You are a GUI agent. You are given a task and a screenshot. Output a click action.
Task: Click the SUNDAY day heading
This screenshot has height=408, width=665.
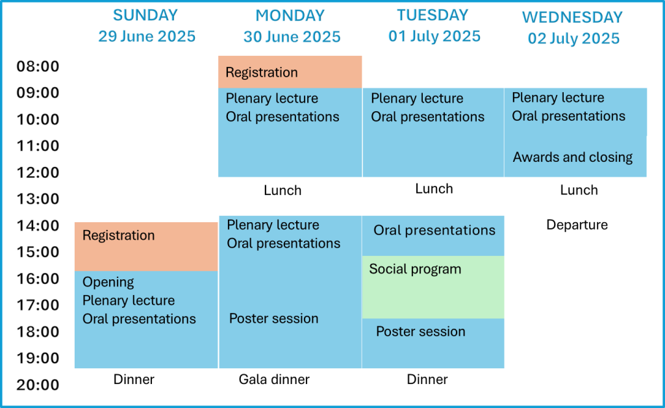pyautogui.click(x=145, y=16)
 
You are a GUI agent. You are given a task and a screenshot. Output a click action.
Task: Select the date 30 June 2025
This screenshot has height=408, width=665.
pyautogui.click(x=292, y=37)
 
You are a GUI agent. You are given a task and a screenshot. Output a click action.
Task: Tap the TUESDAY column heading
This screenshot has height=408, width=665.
pyautogui.click(x=433, y=16)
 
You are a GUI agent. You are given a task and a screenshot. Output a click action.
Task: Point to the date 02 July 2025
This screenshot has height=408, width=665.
pyautogui.click(x=573, y=38)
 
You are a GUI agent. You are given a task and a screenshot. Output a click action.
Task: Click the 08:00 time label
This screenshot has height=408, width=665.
pyautogui.click(x=38, y=66)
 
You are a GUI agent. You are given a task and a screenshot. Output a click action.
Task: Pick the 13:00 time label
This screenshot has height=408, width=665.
pyautogui.click(x=38, y=199)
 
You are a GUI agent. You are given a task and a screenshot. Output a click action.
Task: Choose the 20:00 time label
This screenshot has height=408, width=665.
pyautogui.click(x=38, y=385)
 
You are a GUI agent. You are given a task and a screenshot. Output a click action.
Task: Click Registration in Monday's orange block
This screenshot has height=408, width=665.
pyautogui.click(x=262, y=73)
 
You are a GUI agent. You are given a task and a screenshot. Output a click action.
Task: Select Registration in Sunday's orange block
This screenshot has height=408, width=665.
pyautogui.click(x=118, y=235)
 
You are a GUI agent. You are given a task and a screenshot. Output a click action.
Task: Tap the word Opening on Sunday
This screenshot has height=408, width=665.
pyautogui.click(x=108, y=282)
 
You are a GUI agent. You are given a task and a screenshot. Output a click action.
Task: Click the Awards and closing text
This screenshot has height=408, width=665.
pyautogui.click(x=573, y=157)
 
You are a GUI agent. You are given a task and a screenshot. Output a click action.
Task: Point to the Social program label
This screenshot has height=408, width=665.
pyautogui.click(x=415, y=270)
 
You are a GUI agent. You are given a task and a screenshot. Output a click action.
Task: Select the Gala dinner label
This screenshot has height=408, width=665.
pyautogui.click(x=274, y=379)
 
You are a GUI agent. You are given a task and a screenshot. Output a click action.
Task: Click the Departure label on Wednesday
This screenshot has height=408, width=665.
pyautogui.click(x=577, y=225)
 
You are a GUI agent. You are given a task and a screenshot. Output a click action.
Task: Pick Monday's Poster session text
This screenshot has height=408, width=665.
pyautogui.click(x=273, y=318)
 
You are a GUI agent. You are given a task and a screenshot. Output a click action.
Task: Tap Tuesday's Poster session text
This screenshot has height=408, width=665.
pyautogui.click(x=421, y=331)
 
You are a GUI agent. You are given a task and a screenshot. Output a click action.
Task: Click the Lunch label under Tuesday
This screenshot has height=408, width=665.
pyautogui.click(x=434, y=188)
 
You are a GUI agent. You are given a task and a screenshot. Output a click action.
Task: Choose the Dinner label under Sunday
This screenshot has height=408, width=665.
pyautogui.click(x=134, y=379)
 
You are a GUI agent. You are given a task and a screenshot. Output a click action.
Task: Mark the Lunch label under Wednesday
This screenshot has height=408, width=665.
pyautogui.click(x=579, y=190)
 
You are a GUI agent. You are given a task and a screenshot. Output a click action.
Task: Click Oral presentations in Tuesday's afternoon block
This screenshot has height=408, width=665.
pyautogui.click(x=434, y=230)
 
